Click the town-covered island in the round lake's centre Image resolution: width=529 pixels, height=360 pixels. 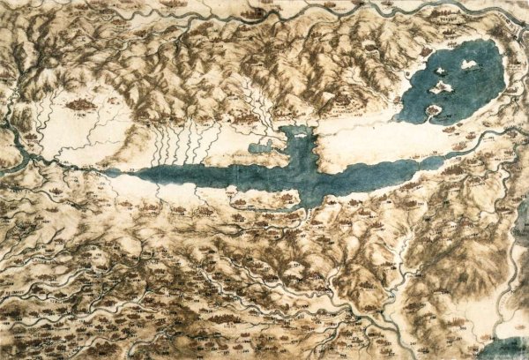[x=443, y=86]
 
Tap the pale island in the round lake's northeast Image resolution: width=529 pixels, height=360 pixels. [x=468, y=64]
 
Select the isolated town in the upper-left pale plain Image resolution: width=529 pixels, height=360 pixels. [x=82, y=105]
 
